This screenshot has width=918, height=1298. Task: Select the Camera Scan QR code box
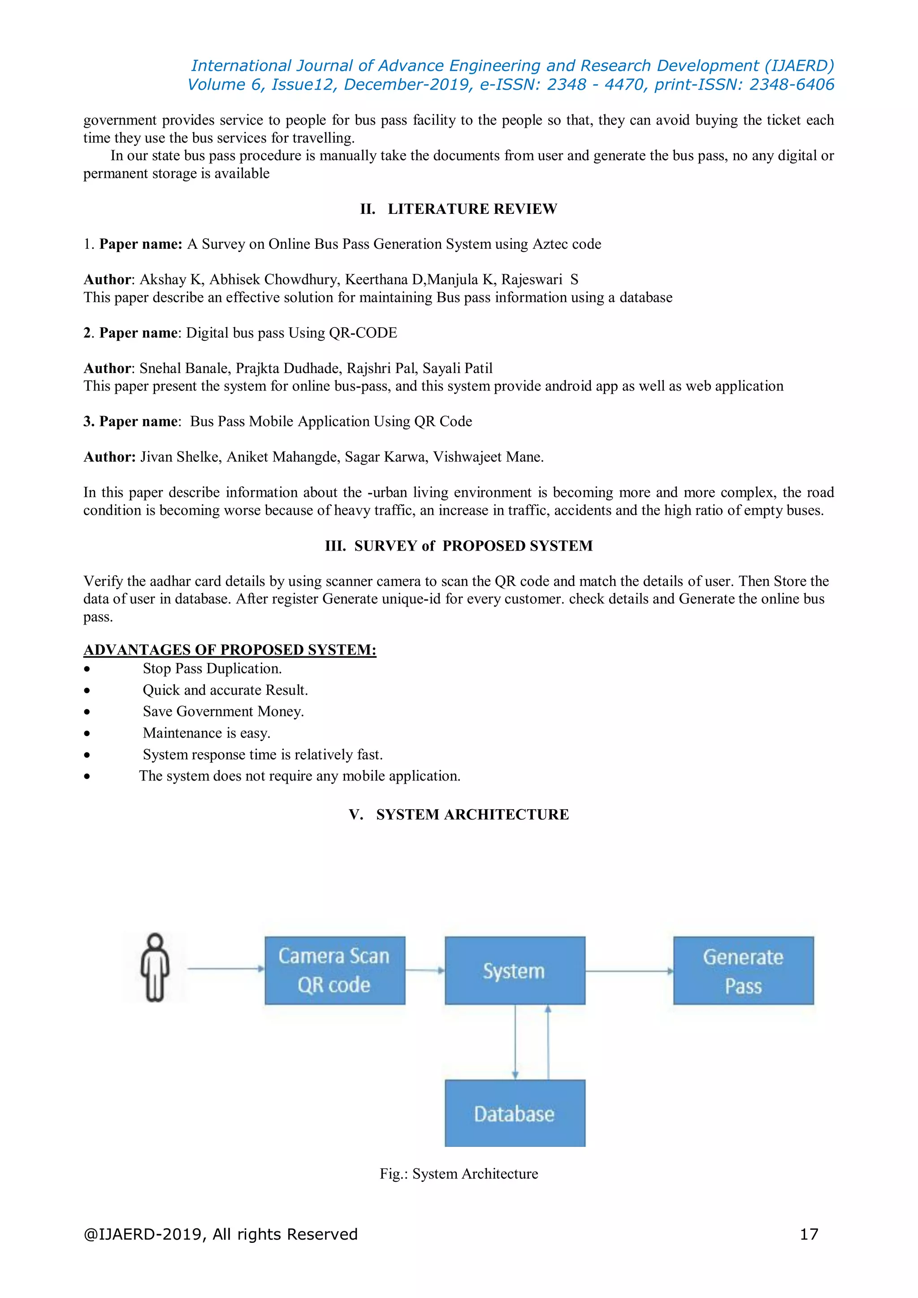pyautogui.click(x=335, y=970)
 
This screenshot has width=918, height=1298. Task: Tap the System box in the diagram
pyautogui.click(x=515, y=970)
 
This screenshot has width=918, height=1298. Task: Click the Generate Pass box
pyautogui.click(x=743, y=970)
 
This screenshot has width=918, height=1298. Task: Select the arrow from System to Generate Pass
pyautogui.click(x=628, y=971)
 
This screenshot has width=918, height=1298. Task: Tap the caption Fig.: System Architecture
pyautogui.click(x=459, y=1174)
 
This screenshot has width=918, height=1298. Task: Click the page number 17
pyautogui.click(x=809, y=1234)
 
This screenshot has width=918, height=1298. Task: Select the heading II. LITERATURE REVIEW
pyautogui.click(x=459, y=209)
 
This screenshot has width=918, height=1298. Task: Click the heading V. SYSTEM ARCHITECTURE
pyautogui.click(x=459, y=815)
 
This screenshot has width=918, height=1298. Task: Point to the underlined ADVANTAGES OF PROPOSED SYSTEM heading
pyautogui.click(x=229, y=650)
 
